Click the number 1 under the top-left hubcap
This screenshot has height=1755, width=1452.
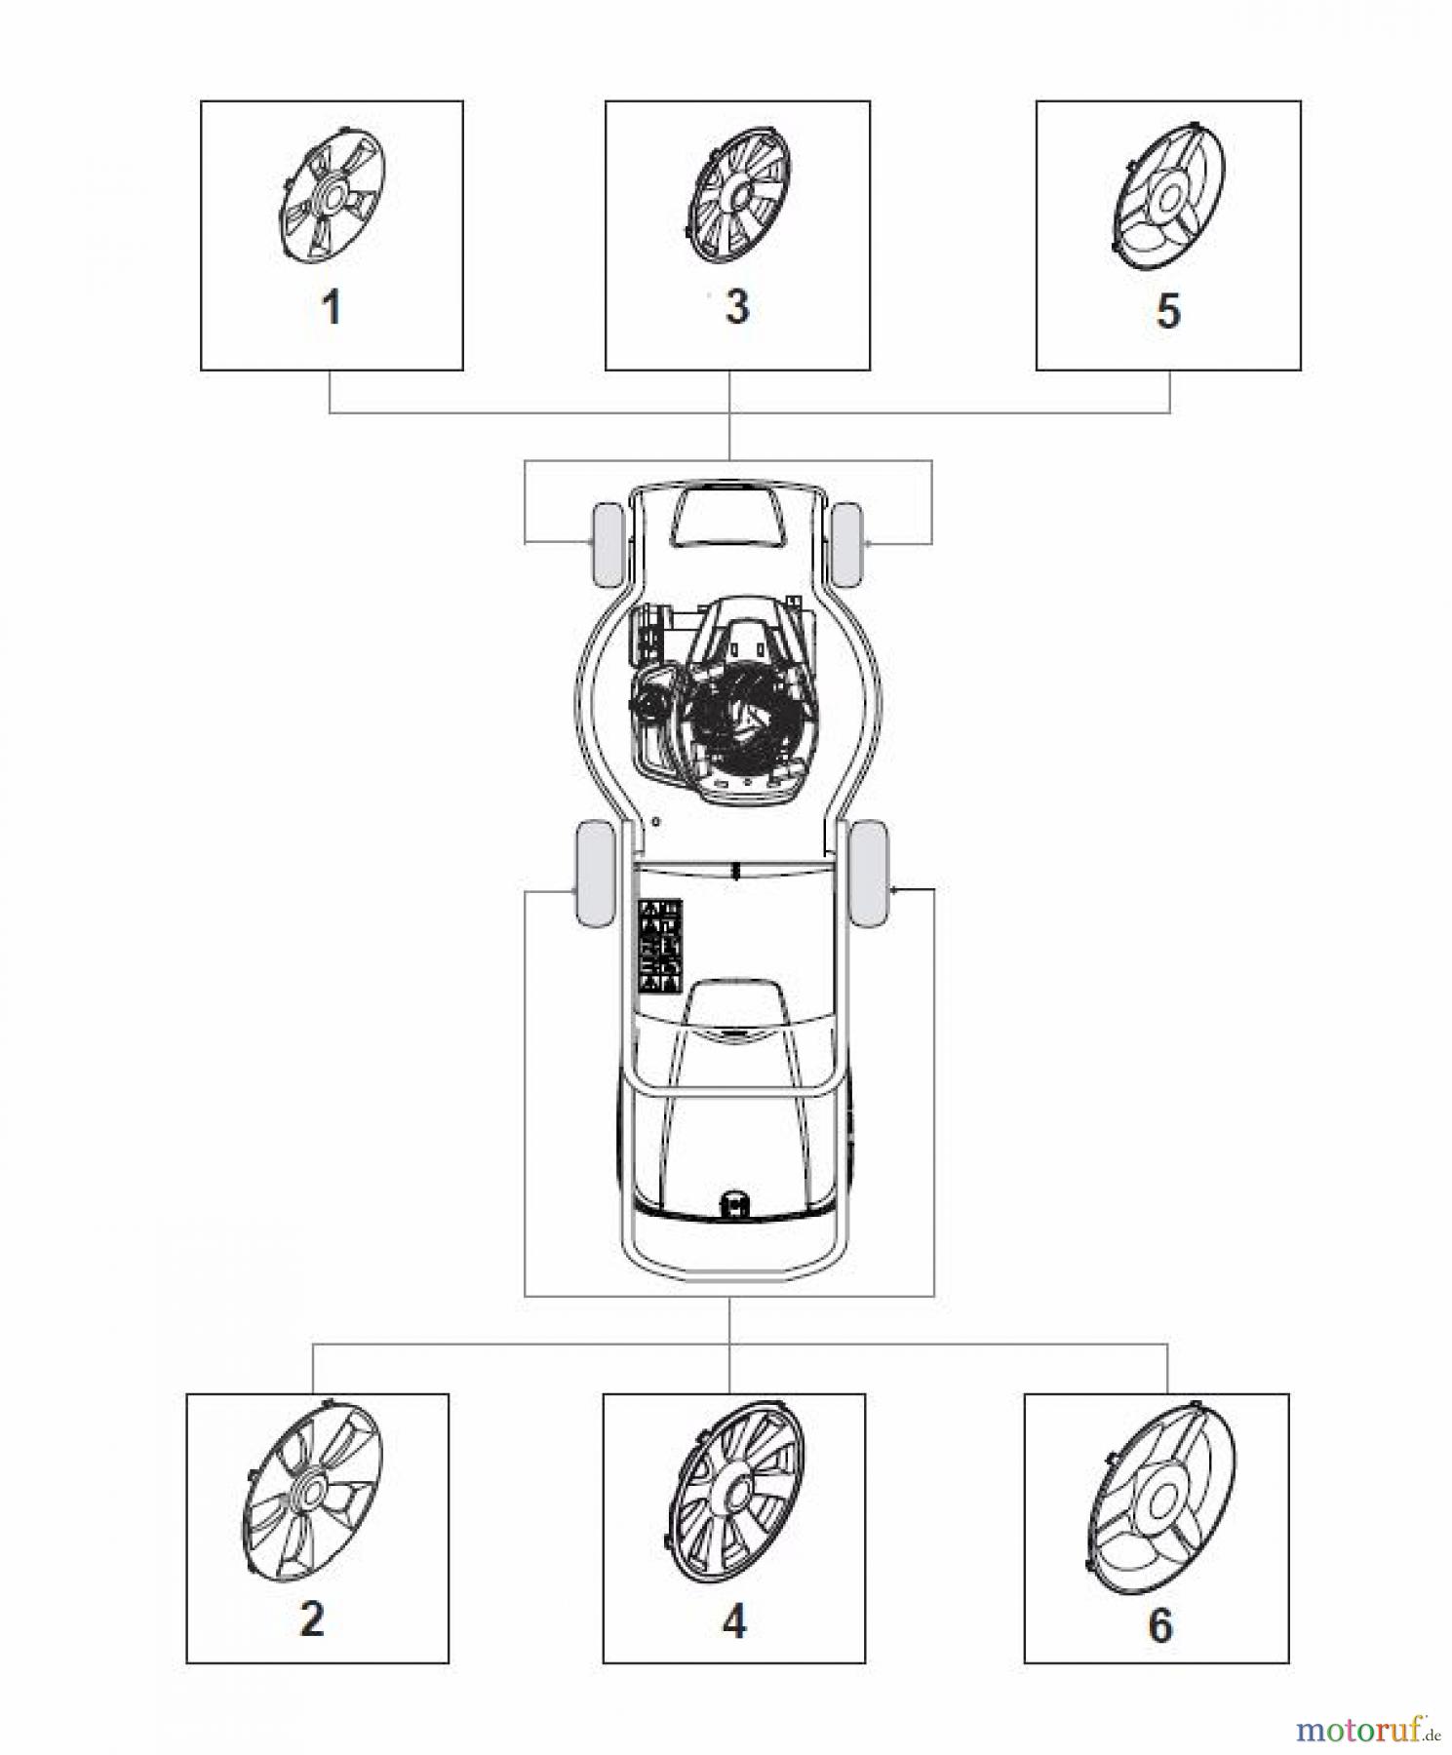pos(332,308)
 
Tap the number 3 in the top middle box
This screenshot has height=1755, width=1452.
pos(737,306)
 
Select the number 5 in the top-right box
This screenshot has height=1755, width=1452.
pos(1168,311)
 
